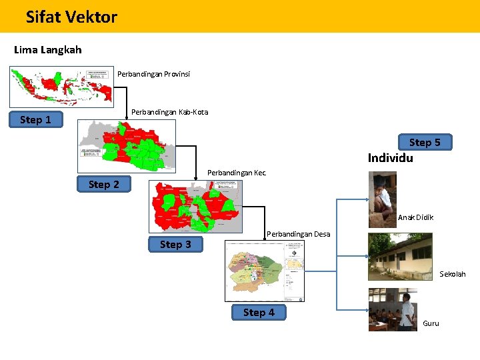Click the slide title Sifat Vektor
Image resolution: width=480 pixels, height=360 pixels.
coord(71,17)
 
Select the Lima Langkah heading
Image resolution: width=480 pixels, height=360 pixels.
coord(47,50)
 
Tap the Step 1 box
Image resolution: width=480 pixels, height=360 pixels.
coord(35,120)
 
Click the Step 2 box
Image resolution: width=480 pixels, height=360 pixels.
coord(104,184)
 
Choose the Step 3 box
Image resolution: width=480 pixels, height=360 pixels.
coord(175,245)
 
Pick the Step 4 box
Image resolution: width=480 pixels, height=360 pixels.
coord(259,312)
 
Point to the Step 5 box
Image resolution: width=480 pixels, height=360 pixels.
coord(425,142)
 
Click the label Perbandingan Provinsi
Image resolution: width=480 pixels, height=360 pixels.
coord(153,74)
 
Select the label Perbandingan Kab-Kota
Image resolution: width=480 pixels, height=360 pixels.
coord(169,112)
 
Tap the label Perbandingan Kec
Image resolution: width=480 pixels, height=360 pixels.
coord(237,173)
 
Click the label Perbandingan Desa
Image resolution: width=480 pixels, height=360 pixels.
coord(298,234)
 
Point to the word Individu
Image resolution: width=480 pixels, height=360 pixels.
coord(390,158)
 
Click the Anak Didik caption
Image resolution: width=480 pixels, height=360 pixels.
coord(415,217)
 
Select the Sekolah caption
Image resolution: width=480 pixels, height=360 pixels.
coord(452,274)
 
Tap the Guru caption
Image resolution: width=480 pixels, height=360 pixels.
coord(431,323)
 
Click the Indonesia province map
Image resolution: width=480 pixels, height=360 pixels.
coord(61,85)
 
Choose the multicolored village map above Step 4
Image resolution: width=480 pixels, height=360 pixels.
coord(265,270)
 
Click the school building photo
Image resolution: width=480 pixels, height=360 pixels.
coord(400,256)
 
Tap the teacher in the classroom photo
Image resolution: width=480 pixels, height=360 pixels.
coord(405,311)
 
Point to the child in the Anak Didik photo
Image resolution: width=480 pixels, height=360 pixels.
coord(383,199)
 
